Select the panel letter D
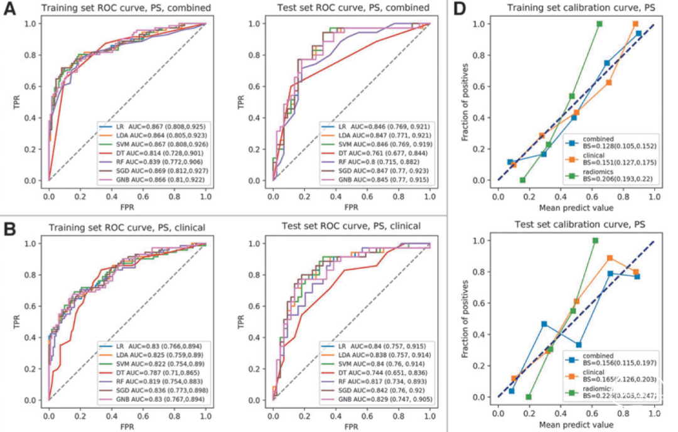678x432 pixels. [x=460, y=11]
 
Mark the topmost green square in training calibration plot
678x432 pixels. [x=599, y=24]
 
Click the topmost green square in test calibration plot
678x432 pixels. [x=595, y=240]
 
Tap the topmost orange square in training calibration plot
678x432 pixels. [x=635, y=24]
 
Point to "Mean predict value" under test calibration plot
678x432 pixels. [x=576, y=424]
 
